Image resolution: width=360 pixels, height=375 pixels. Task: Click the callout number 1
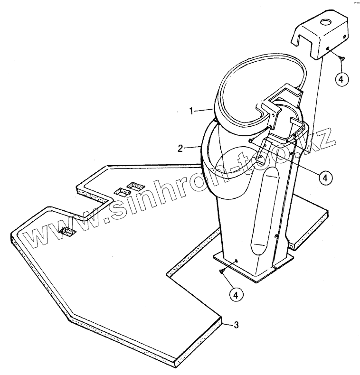pyautogui.click(x=191, y=111)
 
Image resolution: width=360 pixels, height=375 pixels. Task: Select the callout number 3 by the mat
pyautogui.click(x=237, y=325)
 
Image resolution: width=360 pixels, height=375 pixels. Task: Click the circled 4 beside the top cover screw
pyautogui.click(x=341, y=79)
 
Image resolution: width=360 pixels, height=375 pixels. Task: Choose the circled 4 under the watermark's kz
pyautogui.click(x=324, y=178)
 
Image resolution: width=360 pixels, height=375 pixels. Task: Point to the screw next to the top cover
pyautogui.click(x=342, y=57)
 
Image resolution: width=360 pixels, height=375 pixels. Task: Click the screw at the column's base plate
pyautogui.click(x=221, y=271)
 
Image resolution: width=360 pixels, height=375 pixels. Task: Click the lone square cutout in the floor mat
pyautogui.click(x=67, y=231)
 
